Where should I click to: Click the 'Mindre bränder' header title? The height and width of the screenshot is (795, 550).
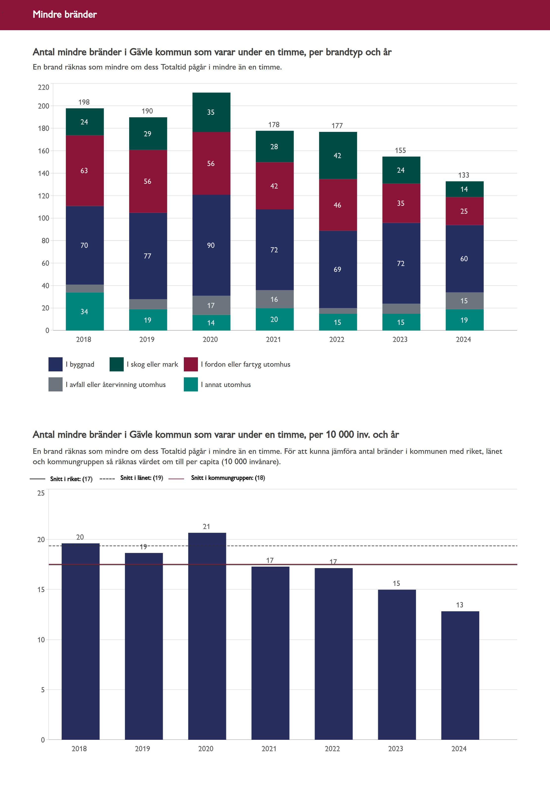coord(65,14)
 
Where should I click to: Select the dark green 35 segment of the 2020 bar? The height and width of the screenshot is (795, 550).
coord(211,112)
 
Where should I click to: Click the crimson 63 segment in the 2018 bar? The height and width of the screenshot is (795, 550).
coord(84,170)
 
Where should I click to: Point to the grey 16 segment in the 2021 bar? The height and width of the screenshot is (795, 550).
coord(274,299)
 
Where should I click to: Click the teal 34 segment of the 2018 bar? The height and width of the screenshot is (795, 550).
coord(84,312)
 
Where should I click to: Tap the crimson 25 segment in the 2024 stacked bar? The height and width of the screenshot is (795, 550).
coord(464,211)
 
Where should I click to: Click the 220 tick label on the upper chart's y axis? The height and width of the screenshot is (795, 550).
coord(44,87)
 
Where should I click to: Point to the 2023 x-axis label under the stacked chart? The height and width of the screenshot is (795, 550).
coord(400,339)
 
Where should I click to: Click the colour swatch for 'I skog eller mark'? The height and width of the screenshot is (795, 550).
coord(117,364)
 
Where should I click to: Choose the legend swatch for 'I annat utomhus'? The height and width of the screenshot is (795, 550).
coord(191,385)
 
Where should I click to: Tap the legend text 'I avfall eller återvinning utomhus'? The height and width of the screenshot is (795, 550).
coord(116,385)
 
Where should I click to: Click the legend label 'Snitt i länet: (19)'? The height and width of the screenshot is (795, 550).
coord(142,478)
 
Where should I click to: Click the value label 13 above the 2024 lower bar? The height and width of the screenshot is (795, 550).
coord(460,605)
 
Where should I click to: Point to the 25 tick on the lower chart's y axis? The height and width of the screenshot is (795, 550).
coord(41,493)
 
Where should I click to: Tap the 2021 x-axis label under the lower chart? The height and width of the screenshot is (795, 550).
coord(269,748)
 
